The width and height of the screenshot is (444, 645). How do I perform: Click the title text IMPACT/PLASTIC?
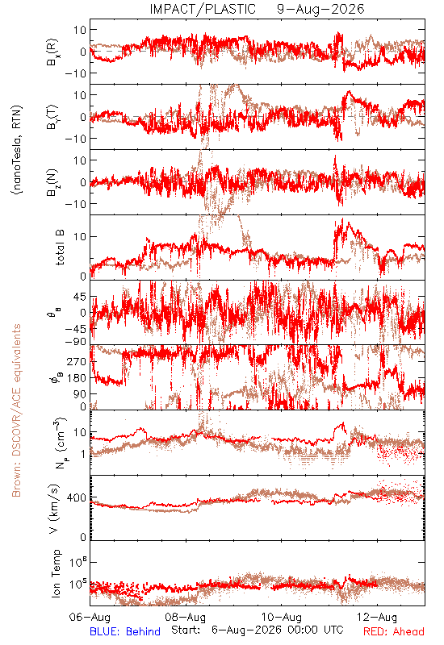point(203,9)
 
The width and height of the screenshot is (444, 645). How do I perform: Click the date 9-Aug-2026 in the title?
point(320,9)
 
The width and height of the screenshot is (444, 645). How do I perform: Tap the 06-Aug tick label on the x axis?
point(90,617)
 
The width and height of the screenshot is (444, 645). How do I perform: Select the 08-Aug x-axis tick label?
point(186,617)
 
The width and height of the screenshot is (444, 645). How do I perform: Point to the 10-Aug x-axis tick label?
point(281,617)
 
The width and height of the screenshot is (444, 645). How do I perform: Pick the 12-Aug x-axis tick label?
point(377,617)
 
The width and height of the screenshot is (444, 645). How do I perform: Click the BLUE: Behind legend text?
point(125,631)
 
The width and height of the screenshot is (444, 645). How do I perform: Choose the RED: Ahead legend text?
point(393,631)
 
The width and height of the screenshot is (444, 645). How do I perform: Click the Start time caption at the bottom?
point(257,630)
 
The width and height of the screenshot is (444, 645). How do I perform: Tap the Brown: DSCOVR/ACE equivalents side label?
point(16,410)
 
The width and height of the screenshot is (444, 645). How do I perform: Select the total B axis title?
point(60,248)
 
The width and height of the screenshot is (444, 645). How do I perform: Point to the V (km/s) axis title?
point(54,509)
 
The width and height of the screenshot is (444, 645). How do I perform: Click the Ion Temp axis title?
point(56,573)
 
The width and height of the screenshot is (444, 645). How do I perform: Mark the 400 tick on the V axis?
point(77,498)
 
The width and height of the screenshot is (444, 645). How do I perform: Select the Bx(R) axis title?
point(52,52)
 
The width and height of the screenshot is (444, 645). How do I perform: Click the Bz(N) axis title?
point(52,182)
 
